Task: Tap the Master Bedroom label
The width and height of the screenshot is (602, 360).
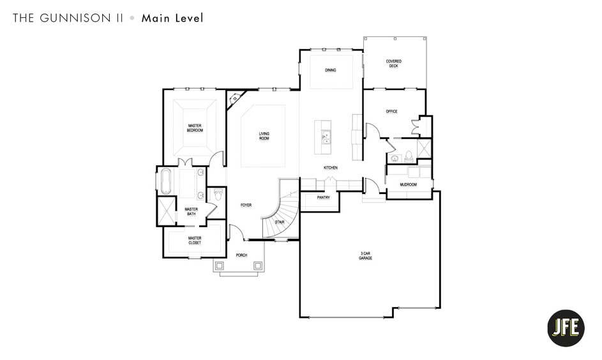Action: coord(195,128)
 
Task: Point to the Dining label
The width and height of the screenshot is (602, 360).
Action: coord(330,70)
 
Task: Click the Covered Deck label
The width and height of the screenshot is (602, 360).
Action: coord(393,64)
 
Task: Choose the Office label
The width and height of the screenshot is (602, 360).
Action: coord(391,112)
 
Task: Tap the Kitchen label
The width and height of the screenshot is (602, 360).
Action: coord(330,168)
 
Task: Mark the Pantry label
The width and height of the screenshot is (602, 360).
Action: coord(323,198)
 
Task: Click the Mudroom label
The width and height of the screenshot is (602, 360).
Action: coord(408,185)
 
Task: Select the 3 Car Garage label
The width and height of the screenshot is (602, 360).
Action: coord(366,256)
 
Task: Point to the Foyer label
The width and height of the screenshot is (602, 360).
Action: coord(246,206)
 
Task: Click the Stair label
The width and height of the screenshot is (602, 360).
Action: coord(280,222)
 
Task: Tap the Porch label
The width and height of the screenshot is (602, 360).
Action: coord(241,255)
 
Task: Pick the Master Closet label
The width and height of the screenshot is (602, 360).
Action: coord(195,241)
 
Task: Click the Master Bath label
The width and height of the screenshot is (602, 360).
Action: coord(191,211)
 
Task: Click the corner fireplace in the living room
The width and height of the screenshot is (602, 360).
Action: coord(235,98)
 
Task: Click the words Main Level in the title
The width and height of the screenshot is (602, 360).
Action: coord(172,18)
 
